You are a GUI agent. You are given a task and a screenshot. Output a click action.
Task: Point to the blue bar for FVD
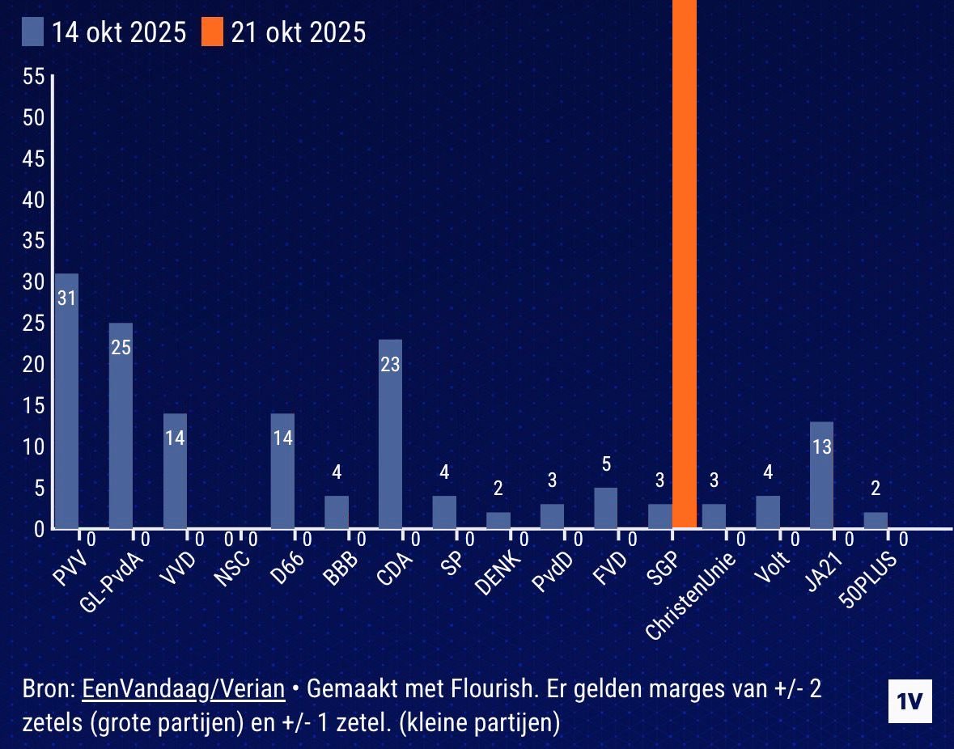606,508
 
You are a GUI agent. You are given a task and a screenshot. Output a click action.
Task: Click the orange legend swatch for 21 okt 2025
213,33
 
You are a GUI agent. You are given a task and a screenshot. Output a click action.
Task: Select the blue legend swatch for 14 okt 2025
33,33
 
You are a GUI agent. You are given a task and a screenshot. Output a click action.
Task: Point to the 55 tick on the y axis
34,77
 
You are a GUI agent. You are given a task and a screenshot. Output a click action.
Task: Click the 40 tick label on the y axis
34,200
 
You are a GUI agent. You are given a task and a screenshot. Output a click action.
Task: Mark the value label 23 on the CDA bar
390,365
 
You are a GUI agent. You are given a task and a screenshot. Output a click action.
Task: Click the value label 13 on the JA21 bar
821,446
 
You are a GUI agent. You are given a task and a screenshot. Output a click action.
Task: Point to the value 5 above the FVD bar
606,464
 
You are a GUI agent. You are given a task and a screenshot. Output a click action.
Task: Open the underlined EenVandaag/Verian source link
184,688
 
